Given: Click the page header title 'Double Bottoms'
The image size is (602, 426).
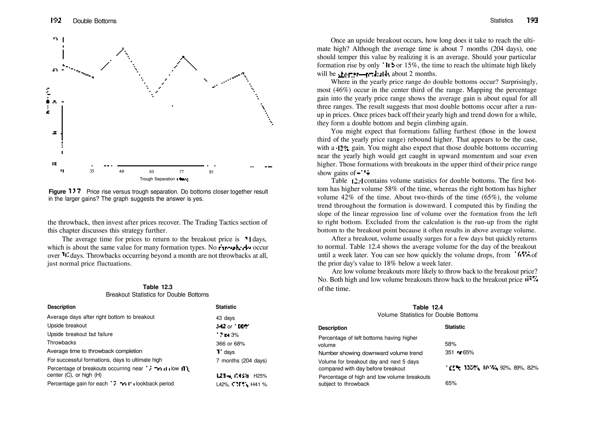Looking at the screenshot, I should [x=94, y=21].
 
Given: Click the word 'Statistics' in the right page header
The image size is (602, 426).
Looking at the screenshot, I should [x=501, y=21].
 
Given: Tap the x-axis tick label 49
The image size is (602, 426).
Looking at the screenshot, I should [x=121, y=171].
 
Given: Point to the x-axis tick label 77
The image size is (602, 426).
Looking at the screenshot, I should [x=181, y=172].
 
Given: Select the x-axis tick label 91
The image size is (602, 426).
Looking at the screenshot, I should [x=211, y=172].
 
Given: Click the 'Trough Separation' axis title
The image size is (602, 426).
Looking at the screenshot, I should [x=157, y=179].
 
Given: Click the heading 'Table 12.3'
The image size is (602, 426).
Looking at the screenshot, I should [x=158, y=287].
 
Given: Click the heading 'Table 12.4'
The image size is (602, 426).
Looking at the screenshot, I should [x=428, y=307].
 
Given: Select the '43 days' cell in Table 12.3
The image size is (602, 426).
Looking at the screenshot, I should [x=225, y=318].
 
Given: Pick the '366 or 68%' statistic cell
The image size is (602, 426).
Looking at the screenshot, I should [x=230, y=344].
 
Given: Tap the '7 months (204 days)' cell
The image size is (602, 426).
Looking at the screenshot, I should [x=241, y=361].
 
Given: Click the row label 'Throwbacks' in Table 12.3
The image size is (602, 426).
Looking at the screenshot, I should [x=61, y=342].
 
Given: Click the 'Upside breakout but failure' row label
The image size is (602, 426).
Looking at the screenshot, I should [x=80, y=334].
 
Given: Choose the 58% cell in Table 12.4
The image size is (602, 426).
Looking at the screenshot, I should [x=451, y=344].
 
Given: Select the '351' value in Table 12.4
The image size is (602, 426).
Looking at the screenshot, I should [x=450, y=352].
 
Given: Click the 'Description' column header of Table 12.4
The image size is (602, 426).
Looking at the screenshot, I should [x=332, y=328].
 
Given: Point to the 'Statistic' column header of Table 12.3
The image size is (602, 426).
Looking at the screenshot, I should [x=226, y=307].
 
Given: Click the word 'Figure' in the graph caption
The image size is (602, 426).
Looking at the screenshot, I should [x=57, y=192].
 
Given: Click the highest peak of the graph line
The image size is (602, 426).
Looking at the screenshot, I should [x=123, y=48].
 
